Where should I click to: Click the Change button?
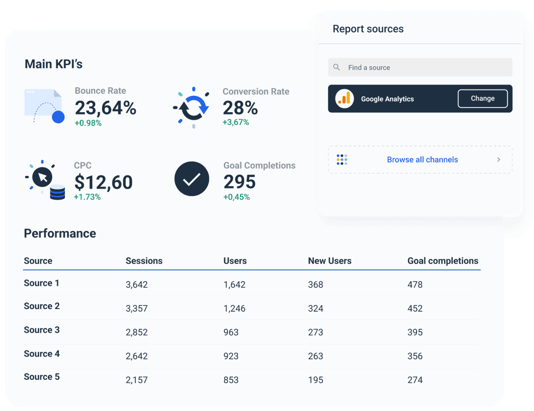point(482,99)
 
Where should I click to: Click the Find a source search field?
point(420,68)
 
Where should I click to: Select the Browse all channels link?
point(422,160)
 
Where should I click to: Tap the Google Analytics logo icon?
point(344,99)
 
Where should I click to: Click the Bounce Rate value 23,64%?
point(105,108)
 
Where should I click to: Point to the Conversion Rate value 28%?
point(240,108)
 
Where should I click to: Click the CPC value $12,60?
point(103,182)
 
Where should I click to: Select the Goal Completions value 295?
point(239,182)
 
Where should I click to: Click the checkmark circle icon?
point(192,179)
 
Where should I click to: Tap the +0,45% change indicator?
point(236,197)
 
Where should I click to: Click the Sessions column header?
point(144,261)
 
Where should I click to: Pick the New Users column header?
point(329,261)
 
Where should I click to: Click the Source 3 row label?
point(41,330)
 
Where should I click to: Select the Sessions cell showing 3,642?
point(137,285)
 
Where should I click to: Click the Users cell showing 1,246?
point(235,309)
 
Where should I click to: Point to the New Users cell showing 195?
point(316,380)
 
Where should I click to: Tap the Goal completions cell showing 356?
point(415,356)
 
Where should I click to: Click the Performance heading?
point(60,233)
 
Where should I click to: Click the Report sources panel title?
point(368,29)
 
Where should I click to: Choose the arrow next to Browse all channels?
point(498,159)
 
